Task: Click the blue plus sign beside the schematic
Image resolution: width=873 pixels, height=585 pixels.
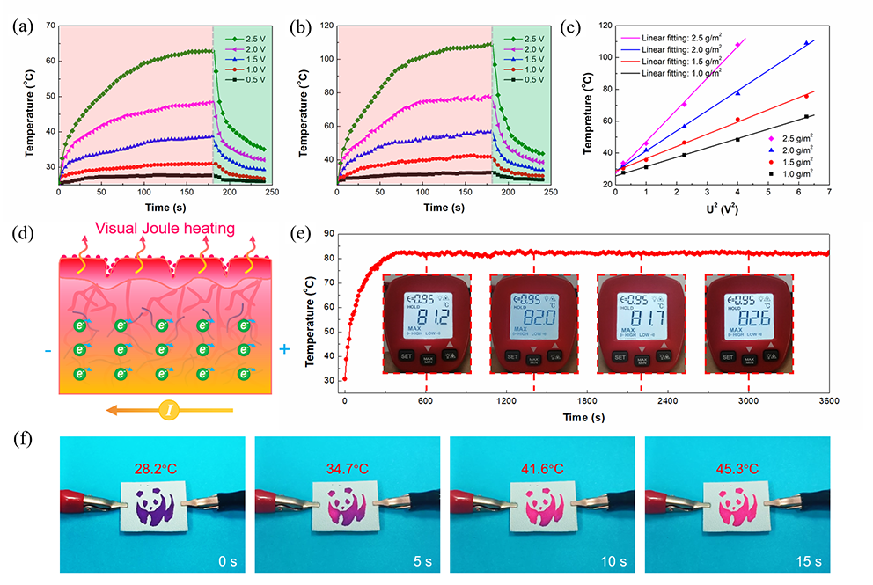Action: pyautogui.click(x=284, y=349)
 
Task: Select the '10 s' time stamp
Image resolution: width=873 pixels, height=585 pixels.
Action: pyautogui.click(x=609, y=560)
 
